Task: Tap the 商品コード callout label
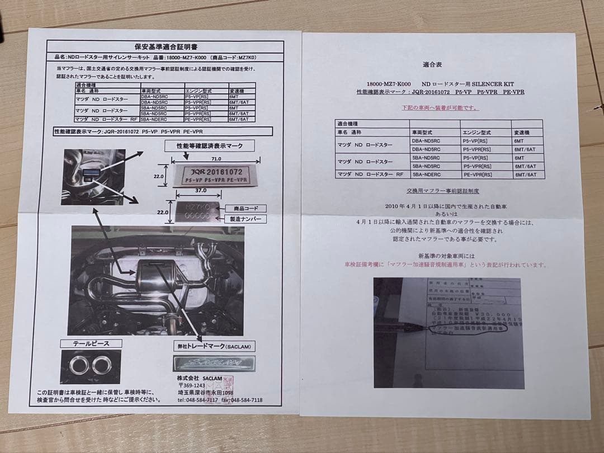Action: pos(244,207)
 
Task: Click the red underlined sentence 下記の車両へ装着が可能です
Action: pos(441,107)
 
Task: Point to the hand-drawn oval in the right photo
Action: pos(467,329)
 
